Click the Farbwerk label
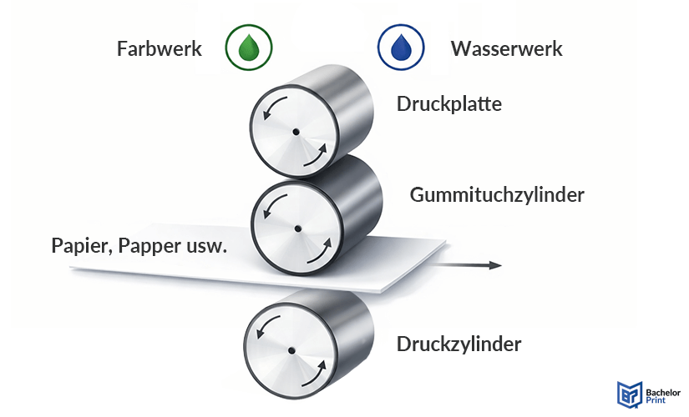point(159,49)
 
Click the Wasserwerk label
point(506,49)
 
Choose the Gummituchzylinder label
point(496,195)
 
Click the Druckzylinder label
point(459,344)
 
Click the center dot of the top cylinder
point(296,132)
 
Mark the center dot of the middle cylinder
point(296,228)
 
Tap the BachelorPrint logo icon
point(627,394)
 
